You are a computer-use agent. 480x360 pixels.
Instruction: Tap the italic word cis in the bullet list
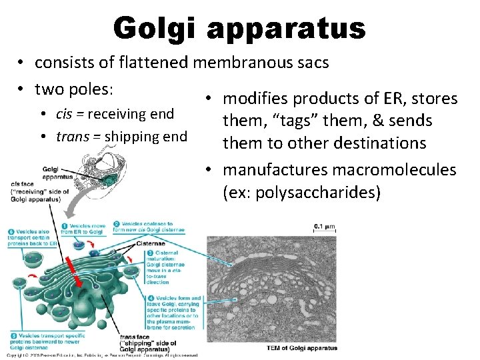(65, 114)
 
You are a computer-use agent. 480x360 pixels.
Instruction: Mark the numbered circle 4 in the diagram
(151, 298)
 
